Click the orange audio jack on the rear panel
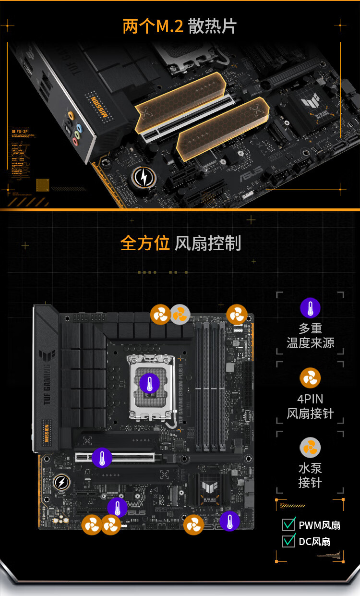pyautogui.click(x=71, y=116)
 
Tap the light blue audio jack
pyautogui.click(x=79, y=128)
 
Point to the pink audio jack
pyautogui.click(x=75, y=142)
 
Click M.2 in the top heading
pyautogui.click(x=170, y=26)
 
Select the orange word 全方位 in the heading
pyautogui.click(x=145, y=243)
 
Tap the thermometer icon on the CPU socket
pyautogui.click(x=149, y=383)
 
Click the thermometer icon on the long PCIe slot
pyautogui.click(x=102, y=457)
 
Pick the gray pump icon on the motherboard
pyautogui.click(x=180, y=315)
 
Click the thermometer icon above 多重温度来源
pyautogui.click(x=310, y=308)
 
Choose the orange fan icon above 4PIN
pyautogui.click(x=310, y=378)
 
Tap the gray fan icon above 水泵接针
pyautogui.click(x=310, y=448)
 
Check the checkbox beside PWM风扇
pyautogui.click(x=288, y=524)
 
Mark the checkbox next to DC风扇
pyautogui.click(x=288, y=541)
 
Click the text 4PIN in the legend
pyautogui.click(x=310, y=399)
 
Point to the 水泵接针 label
pyautogui.click(x=310, y=475)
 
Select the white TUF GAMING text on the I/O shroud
pyautogui.click(x=47, y=384)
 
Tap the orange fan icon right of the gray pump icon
pyautogui.click(x=237, y=315)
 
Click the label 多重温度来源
pyautogui.click(x=310, y=336)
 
